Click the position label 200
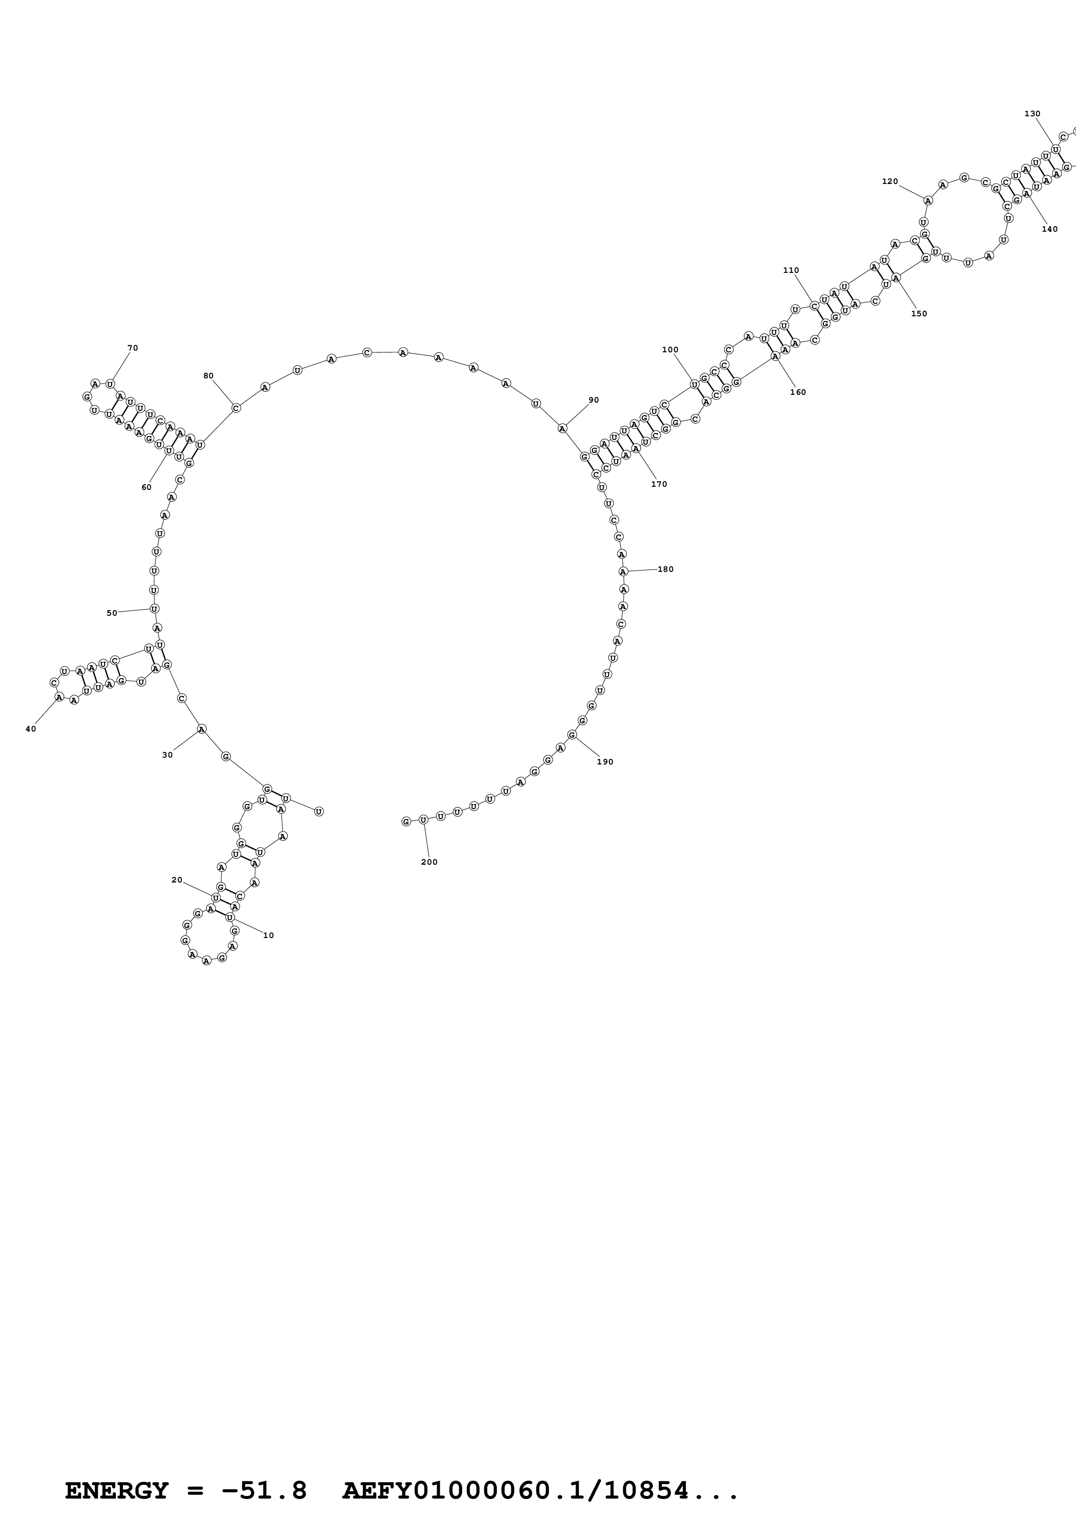tap(429, 862)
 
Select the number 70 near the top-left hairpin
tap(132, 348)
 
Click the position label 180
tap(666, 569)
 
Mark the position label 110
tap(791, 270)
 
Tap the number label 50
tap(112, 613)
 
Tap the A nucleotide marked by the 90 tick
tap(562, 428)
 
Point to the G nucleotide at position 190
tap(572, 735)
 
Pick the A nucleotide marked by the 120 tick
tap(928, 200)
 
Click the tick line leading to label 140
tap(1038, 210)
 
